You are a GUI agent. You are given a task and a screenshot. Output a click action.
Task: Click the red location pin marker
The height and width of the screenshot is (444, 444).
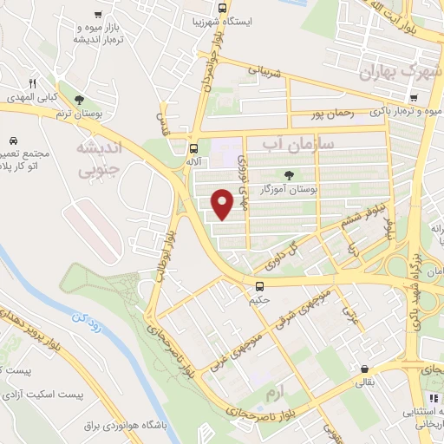click(x=224, y=205)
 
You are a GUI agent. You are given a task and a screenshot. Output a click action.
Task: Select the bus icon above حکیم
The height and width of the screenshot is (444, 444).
click(x=259, y=285)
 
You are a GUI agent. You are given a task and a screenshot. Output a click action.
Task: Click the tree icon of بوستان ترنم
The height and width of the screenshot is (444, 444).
click(x=80, y=101)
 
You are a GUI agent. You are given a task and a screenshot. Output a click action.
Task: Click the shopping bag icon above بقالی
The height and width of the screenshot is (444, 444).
click(x=363, y=368)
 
